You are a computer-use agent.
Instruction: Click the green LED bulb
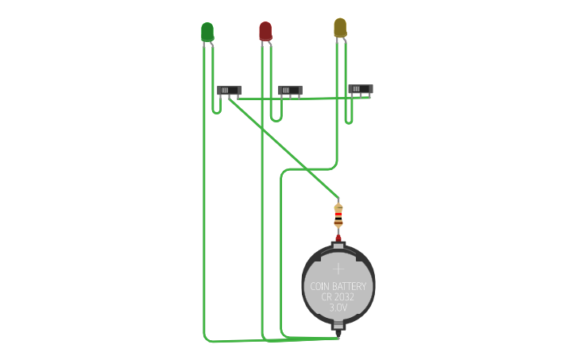pyautogui.click(x=207, y=31)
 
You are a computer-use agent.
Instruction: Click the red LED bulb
pyautogui.click(x=265, y=30)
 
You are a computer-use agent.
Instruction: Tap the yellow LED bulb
pyautogui.click(x=340, y=27)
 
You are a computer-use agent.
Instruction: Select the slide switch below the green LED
pyautogui.click(x=229, y=91)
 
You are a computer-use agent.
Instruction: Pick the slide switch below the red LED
pyautogui.click(x=289, y=91)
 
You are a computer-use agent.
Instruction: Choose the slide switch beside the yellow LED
pyautogui.click(x=360, y=89)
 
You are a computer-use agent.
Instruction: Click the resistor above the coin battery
pyautogui.click(x=338, y=215)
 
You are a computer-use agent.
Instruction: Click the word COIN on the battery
pyautogui.click(x=319, y=286)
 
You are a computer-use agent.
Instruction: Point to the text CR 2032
pyautogui.click(x=338, y=296)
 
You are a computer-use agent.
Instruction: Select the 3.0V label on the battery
pyautogui.click(x=338, y=307)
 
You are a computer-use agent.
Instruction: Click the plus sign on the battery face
pyautogui.click(x=338, y=269)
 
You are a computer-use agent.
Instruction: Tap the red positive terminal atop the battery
pyautogui.click(x=338, y=238)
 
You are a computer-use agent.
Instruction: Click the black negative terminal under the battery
pyautogui.click(x=338, y=325)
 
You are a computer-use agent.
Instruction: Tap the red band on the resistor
pyautogui.click(x=338, y=215)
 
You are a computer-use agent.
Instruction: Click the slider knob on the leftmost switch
pyautogui.click(x=225, y=91)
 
